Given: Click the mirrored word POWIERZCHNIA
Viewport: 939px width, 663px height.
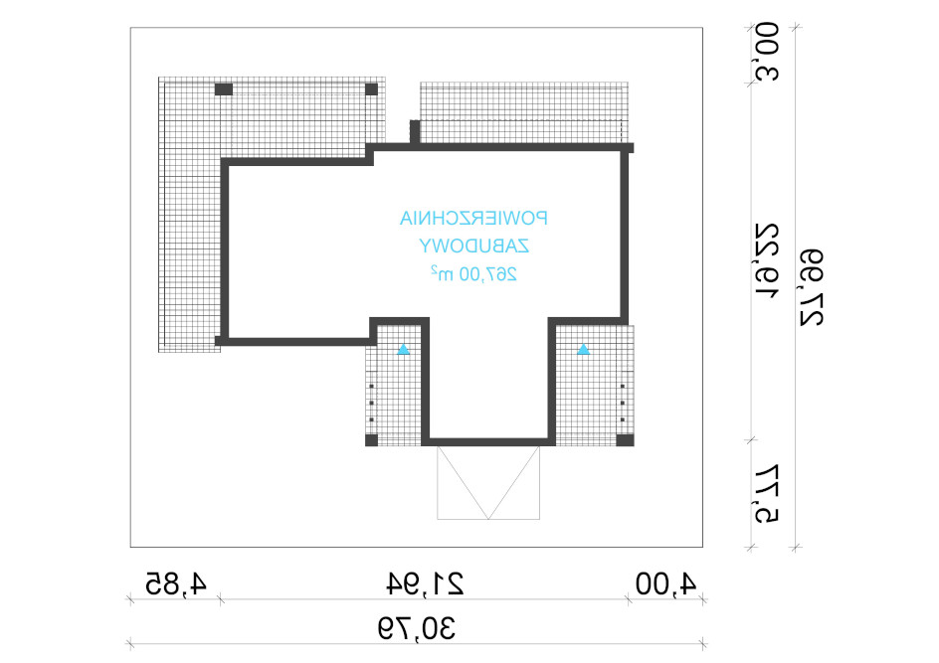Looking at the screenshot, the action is click(473, 219).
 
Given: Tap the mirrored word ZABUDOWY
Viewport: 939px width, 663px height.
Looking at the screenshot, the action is click(473, 246).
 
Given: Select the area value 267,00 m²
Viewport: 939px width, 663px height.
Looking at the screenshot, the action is click(473, 274).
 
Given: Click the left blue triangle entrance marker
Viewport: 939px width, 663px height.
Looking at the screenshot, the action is click(404, 350).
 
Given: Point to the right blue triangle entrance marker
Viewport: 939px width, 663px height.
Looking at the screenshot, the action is click(583, 350).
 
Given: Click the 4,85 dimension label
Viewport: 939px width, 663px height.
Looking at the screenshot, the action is click(176, 584).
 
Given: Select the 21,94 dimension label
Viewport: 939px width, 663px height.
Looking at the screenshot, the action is click(425, 584).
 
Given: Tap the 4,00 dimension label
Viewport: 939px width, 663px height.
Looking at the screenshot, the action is click(665, 584).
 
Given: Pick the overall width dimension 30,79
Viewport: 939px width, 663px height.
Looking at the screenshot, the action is click(417, 629).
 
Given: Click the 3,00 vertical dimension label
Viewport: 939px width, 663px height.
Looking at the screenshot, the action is click(767, 52).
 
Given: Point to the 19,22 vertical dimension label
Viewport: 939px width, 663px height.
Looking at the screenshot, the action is click(767, 260).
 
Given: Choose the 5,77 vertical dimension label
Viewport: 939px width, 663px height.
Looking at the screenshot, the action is click(767, 494).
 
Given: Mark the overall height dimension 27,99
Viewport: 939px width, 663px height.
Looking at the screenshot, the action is click(812, 288).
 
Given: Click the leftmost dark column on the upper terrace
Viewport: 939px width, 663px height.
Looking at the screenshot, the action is click(224, 89).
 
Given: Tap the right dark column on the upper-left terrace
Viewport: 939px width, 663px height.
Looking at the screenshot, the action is click(371, 89).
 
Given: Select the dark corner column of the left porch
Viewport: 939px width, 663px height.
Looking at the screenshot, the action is click(371, 440).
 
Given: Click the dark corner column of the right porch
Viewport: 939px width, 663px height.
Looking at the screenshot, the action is click(626, 440).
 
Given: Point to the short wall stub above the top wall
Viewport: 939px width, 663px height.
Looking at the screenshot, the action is click(415, 131).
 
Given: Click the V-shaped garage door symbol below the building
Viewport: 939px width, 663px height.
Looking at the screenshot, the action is click(488, 482).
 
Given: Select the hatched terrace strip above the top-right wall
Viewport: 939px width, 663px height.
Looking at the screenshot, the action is click(524, 112).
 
